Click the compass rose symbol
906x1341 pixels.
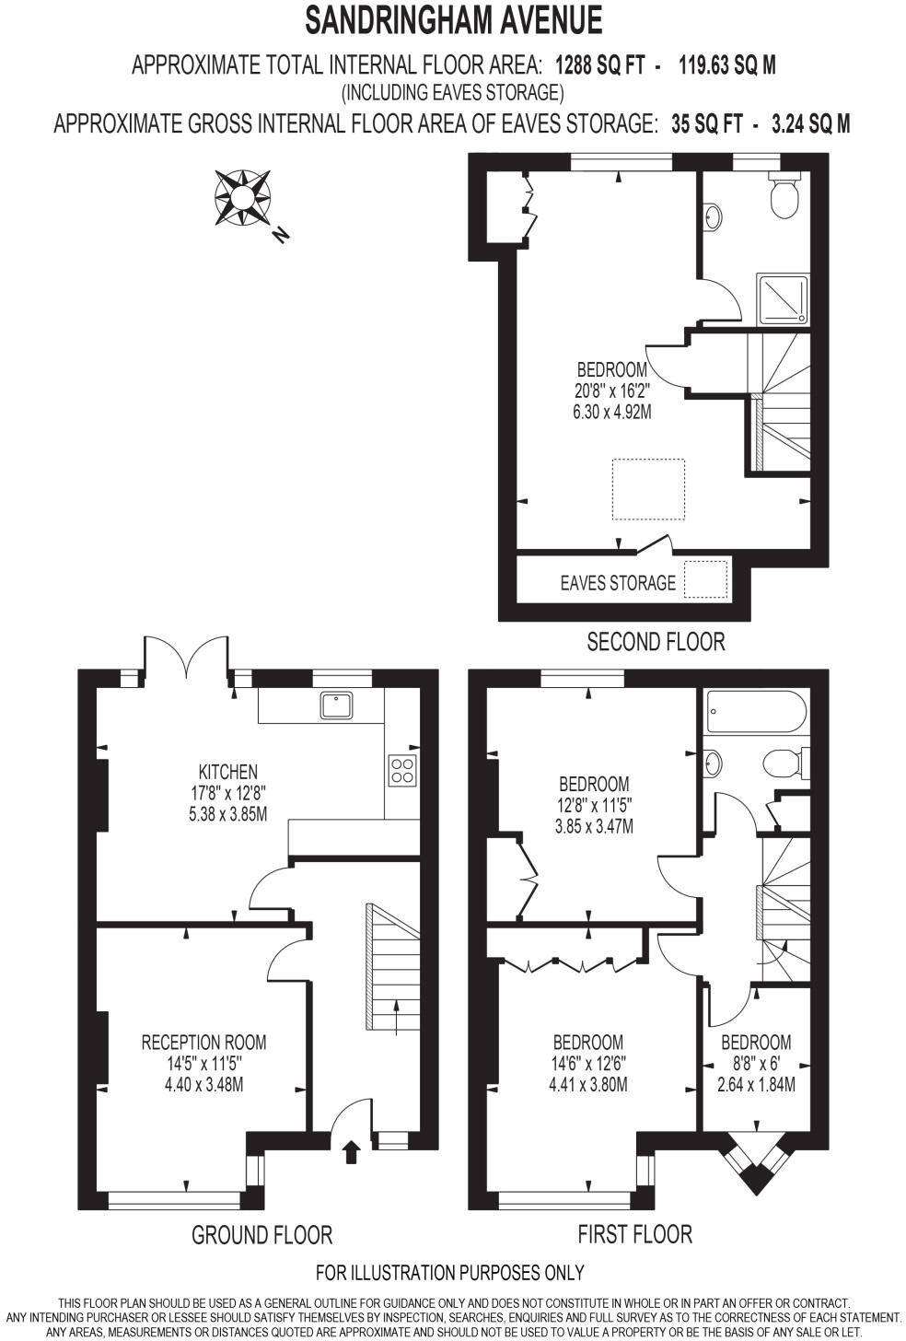(x=242, y=197)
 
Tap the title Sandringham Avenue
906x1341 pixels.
(x=453, y=19)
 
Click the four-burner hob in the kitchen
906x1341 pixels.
(x=403, y=770)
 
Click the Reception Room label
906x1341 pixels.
(x=203, y=1043)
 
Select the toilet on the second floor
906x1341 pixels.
(x=785, y=196)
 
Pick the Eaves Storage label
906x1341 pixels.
(x=618, y=583)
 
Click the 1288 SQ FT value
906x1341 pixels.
(x=598, y=65)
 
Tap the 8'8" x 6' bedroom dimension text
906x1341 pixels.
(x=755, y=1064)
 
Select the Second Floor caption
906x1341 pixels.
(x=656, y=641)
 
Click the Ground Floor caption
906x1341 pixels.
(x=261, y=1234)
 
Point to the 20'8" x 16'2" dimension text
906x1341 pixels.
(x=611, y=391)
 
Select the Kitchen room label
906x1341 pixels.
(x=228, y=772)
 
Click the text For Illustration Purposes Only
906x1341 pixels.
(x=449, y=1273)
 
